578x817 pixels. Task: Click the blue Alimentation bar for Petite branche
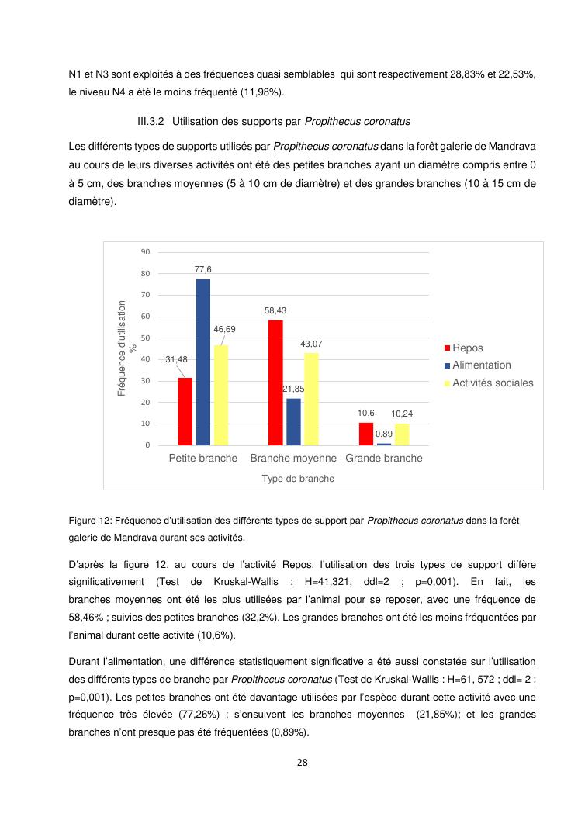(x=203, y=362)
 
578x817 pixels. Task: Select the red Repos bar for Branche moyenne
(x=275, y=383)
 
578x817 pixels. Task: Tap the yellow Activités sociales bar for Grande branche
(x=402, y=434)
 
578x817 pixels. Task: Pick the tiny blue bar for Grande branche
(x=384, y=444)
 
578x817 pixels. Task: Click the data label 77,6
(x=203, y=269)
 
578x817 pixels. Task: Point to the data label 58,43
(x=275, y=310)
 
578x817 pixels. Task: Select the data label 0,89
(x=384, y=434)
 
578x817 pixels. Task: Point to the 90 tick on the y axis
(x=145, y=252)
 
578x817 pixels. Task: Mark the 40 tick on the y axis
(x=145, y=359)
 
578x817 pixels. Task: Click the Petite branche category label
(x=203, y=459)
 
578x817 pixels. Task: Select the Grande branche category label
(x=384, y=459)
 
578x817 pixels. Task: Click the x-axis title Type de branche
(x=298, y=479)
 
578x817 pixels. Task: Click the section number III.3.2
(x=151, y=122)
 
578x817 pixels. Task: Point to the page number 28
(x=303, y=763)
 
